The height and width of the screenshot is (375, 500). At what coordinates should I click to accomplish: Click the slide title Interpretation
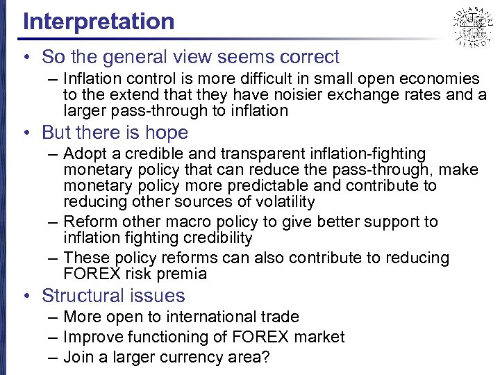99,21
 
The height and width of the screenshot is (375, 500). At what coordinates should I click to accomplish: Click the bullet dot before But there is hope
26,133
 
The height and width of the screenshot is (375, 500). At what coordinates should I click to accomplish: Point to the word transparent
269,153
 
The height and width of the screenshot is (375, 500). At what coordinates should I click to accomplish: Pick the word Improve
91,337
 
